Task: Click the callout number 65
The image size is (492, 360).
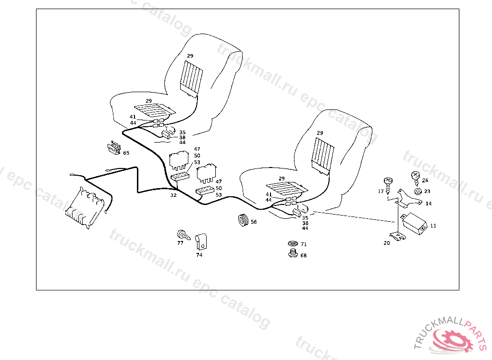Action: tap(126, 153)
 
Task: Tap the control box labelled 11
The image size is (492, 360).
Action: tap(414, 223)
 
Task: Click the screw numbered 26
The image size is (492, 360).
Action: tap(416, 177)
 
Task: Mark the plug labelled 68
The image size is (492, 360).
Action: tap(292, 253)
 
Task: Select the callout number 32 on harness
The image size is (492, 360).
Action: tap(173, 195)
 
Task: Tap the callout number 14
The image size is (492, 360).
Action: tap(429, 204)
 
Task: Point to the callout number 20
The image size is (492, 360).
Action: tap(387, 243)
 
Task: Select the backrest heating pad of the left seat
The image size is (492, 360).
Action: tap(191, 77)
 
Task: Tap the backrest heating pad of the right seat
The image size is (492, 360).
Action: tap(323, 155)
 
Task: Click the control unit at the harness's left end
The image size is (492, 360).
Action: tap(86, 207)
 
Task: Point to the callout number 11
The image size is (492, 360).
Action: tap(433, 225)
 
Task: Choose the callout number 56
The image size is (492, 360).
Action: tap(254, 222)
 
